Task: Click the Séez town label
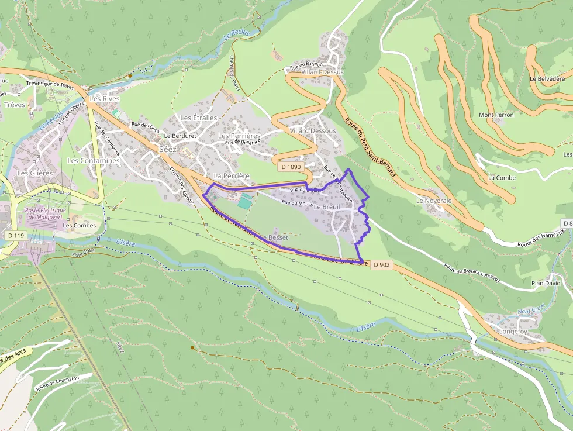167,149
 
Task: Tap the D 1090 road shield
290,167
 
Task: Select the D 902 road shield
381,265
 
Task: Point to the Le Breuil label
327,207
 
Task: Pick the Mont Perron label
496,115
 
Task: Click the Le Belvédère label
547,78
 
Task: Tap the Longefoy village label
513,332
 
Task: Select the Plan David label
546,283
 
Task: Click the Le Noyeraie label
434,200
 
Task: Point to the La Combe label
502,177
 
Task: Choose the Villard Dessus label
324,72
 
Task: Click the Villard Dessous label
313,131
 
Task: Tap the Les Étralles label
198,118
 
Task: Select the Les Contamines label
94,161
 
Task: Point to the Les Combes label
80,226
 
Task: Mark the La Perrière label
232,175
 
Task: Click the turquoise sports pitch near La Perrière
245,202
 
